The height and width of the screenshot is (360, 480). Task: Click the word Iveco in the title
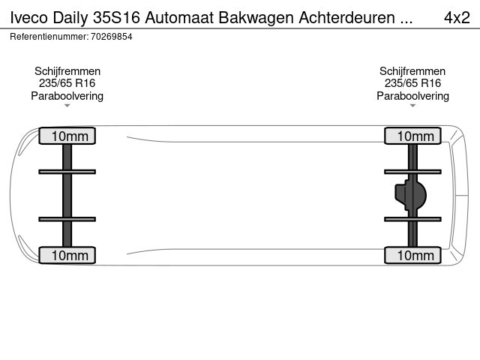[28, 18]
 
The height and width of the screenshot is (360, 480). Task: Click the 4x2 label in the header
[457, 18]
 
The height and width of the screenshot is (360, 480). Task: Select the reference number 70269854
[112, 37]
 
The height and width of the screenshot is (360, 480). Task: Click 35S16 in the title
[117, 18]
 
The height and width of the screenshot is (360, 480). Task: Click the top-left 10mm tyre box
[67, 136]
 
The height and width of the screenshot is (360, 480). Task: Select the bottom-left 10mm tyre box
[67, 255]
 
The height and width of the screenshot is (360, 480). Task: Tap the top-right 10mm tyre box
[412, 136]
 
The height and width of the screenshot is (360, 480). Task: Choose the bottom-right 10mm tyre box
[412, 255]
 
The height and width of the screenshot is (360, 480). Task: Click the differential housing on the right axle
[411, 195]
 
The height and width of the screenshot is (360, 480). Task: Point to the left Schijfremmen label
[67, 71]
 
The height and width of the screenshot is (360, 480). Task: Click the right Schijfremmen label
[412, 71]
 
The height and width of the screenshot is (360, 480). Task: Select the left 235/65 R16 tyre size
[67, 83]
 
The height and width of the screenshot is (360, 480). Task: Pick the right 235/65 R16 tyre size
[412, 83]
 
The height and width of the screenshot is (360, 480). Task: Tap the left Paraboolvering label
[67, 96]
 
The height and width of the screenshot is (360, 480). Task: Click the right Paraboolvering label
[412, 96]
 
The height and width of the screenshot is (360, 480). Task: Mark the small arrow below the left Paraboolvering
[67, 106]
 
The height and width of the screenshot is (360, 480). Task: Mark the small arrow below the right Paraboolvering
[412, 106]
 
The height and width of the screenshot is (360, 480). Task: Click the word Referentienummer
[49, 37]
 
